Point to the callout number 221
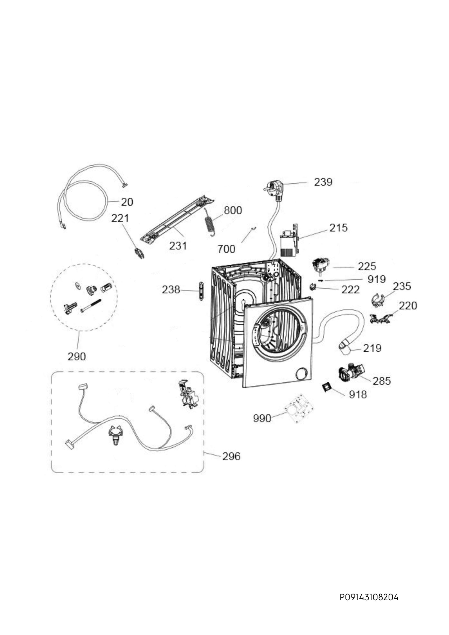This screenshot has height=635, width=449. pyautogui.click(x=120, y=218)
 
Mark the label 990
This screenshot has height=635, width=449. pyautogui.click(x=262, y=418)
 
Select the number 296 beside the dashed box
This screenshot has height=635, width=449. pyautogui.click(x=231, y=456)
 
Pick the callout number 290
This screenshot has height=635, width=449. pyautogui.click(x=77, y=356)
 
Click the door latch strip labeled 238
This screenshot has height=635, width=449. pyautogui.click(x=201, y=291)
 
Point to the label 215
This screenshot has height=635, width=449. pyautogui.click(x=338, y=228)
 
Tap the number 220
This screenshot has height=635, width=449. pyautogui.click(x=408, y=306)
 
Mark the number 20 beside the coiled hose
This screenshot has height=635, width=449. pyautogui.click(x=127, y=202)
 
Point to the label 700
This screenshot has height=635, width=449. pyautogui.click(x=226, y=249)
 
